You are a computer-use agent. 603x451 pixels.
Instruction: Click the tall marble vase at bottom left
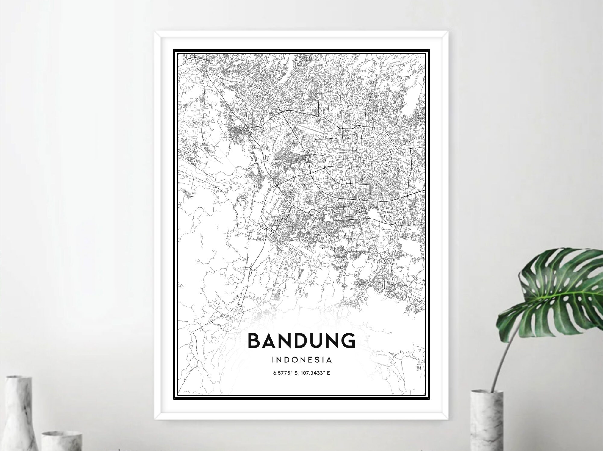pyautogui.click(x=18, y=415)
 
